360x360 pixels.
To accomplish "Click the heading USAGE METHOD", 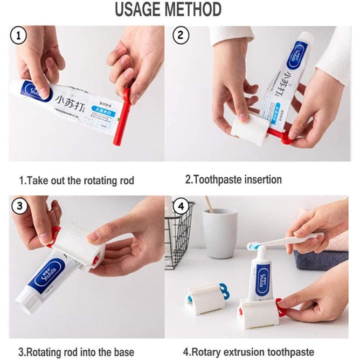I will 168,10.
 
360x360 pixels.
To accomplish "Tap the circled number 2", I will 181,37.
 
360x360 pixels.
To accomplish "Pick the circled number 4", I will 181,207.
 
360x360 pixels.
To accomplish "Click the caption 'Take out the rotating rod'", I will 77,180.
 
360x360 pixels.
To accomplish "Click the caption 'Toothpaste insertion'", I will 233,180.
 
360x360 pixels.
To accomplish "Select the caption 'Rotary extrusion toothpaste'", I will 249,352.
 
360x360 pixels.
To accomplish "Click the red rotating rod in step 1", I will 121,121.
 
